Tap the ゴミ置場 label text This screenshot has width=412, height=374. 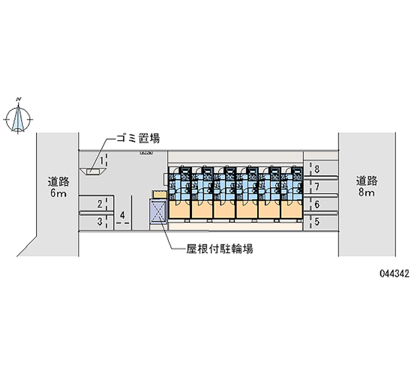point(136,138)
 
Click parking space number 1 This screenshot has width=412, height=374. point(102,162)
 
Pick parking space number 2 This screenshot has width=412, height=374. point(99,204)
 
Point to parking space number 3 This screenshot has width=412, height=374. point(99,222)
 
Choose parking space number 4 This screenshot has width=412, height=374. point(122,215)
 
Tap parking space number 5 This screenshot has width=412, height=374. point(317,222)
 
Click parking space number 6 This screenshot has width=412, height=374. point(317,204)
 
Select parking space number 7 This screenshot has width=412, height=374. point(317,186)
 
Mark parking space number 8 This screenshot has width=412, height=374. point(317,168)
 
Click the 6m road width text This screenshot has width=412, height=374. point(58,194)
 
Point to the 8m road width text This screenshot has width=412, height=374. point(367,193)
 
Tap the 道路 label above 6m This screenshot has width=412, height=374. point(58,181)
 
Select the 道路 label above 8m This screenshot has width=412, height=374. point(367,181)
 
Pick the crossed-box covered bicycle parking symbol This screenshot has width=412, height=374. point(158,212)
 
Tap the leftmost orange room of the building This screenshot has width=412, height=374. point(180,208)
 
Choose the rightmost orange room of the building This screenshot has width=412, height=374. point(292,208)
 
